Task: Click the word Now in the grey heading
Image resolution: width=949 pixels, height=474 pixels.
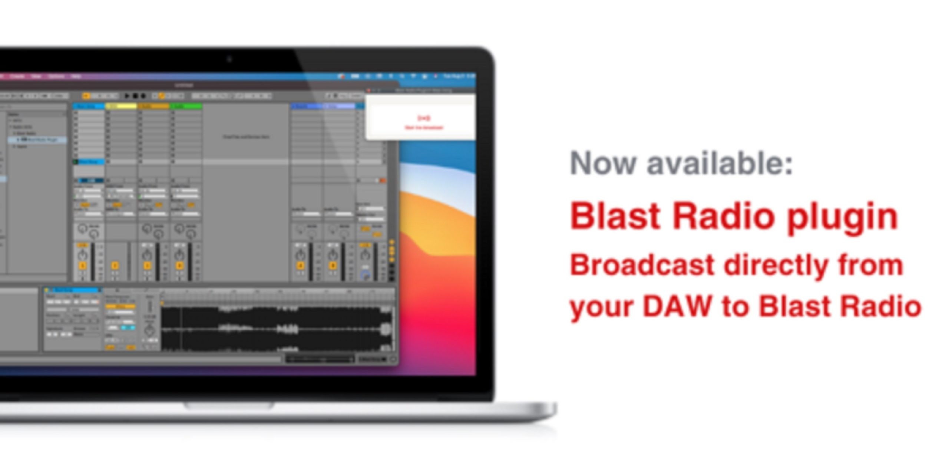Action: (x=603, y=163)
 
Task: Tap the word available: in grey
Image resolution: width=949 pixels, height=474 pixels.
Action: (x=720, y=163)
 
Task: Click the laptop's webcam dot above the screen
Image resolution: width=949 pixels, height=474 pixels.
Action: (x=229, y=59)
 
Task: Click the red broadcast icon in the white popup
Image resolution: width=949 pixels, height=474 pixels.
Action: (x=424, y=118)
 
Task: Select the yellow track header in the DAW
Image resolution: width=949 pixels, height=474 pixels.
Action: (x=121, y=106)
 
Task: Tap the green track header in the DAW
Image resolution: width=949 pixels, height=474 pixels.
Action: (x=186, y=106)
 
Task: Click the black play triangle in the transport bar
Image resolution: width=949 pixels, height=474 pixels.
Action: (x=127, y=96)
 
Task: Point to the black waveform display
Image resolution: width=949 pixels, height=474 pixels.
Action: (x=276, y=328)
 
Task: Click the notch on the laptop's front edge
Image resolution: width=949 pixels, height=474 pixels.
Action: (x=229, y=406)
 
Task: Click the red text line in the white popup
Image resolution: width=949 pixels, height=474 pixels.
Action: (x=424, y=128)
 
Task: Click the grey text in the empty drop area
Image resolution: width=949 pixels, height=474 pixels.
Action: (x=246, y=137)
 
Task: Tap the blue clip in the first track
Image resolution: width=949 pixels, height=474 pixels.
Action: (x=89, y=162)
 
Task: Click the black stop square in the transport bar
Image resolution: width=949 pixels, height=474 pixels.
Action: (x=135, y=96)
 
